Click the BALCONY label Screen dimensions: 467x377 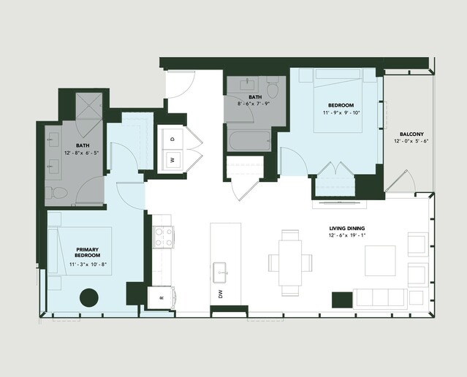pos(411,134)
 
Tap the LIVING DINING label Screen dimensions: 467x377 pos(347,229)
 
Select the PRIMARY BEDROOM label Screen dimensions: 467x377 pos(87,253)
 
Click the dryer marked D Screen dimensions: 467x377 pos(172,139)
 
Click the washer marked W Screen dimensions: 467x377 pos(172,160)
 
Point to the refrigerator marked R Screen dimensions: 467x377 pos(161,298)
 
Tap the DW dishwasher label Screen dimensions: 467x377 pos(221,294)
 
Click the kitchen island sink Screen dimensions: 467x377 pos(221,273)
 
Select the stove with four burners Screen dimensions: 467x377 pos(164,237)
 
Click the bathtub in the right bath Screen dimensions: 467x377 pos(250,141)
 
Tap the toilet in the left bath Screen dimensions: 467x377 pos(56,193)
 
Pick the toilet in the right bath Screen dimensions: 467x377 pos(273,87)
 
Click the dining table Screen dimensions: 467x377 pos(290,263)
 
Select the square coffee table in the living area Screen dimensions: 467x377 pos(380,261)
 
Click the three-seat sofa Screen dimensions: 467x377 pos(380,297)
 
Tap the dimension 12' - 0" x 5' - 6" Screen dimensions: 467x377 pos(411,141)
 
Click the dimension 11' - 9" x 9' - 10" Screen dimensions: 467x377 pos(341,113)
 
